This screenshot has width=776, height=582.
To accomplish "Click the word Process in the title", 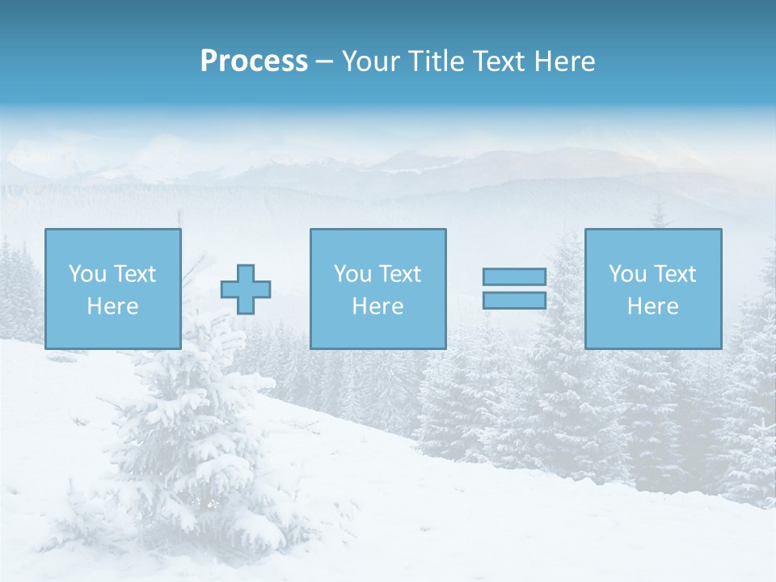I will pyautogui.click(x=254, y=61).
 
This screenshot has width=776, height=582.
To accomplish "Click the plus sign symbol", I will pyautogui.click(x=246, y=289).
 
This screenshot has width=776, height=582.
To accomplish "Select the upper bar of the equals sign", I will pyautogui.click(x=514, y=276).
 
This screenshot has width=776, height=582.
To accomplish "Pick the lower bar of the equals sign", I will pyautogui.click(x=514, y=301).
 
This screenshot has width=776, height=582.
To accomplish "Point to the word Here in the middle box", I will pyautogui.click(x=377, y=306).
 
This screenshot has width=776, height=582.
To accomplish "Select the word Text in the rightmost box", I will pyautogui.click(x=675, y=274).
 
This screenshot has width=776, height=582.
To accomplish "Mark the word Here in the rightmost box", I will pyautogui.click(x=653, y=306).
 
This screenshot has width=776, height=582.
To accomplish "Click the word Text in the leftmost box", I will pyautogui.click(x=135, y=274).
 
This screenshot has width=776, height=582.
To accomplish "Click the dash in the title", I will pyautogui.click(x=325, y=62).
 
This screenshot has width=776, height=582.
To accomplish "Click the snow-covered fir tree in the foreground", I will pyautogui.click(x=194, y=453).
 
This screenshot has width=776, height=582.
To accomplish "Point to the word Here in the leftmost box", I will pyautogui.click(x=113, y=306).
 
